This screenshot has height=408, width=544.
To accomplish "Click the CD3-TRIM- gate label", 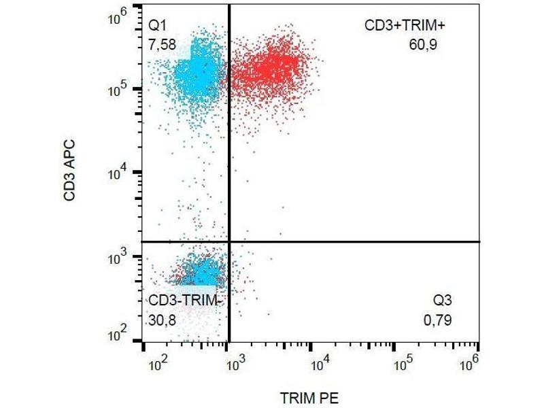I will pos(185,301).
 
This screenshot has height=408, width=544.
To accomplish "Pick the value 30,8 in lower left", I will pos(163,318).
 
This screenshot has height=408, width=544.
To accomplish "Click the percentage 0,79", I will pos(437,318).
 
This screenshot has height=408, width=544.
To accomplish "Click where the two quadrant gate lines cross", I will pos(228,241).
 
